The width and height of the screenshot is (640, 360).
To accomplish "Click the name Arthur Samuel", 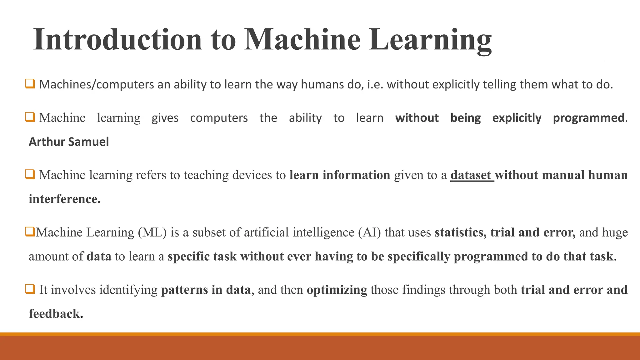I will [x=69, y=142].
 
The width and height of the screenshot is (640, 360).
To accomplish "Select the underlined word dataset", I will [x=471, y=175].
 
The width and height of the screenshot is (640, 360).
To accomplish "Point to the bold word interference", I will [x=64, y=199].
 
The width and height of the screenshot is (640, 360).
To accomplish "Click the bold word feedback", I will [x=56, y=314].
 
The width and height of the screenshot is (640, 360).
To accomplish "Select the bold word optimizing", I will [x=337, y=290].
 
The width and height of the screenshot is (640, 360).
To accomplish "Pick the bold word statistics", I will [x=460, y=232].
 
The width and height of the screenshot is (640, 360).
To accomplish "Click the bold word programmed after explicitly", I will [x=588, y=118].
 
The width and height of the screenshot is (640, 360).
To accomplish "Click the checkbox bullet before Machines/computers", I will [x=30, y=84].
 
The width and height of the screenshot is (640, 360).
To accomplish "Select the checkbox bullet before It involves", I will [x=30, y=289].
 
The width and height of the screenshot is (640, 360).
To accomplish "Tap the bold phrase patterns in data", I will [x=206, y=290].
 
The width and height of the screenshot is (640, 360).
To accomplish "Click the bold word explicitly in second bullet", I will [x=517, y=118].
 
